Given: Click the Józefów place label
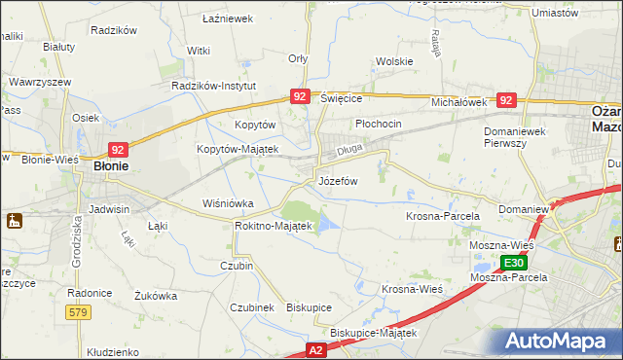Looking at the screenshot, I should pyautogui.click(x=339, y=182).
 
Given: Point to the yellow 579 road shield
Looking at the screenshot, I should pyautogui.click(x=79, y=311).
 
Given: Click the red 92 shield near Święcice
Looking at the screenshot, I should pyautogui.click(x=300, y=96).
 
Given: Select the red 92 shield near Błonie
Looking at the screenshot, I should pyautogui.click(x=118, y=149).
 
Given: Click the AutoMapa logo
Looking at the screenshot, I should pyautogui.click(x=562, y=342).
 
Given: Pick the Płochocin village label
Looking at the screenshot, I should pyautogui.click(x=379, y=125).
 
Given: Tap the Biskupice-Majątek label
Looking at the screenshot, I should pyautogui.click(x=373, y=333).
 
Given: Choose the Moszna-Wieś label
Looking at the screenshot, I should pyautogui.click(x=508, y=245).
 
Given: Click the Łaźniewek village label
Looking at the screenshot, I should pyautogui.click(x=227, y=18).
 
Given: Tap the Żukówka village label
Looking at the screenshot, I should pyautogui.click(x=156, y=295).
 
